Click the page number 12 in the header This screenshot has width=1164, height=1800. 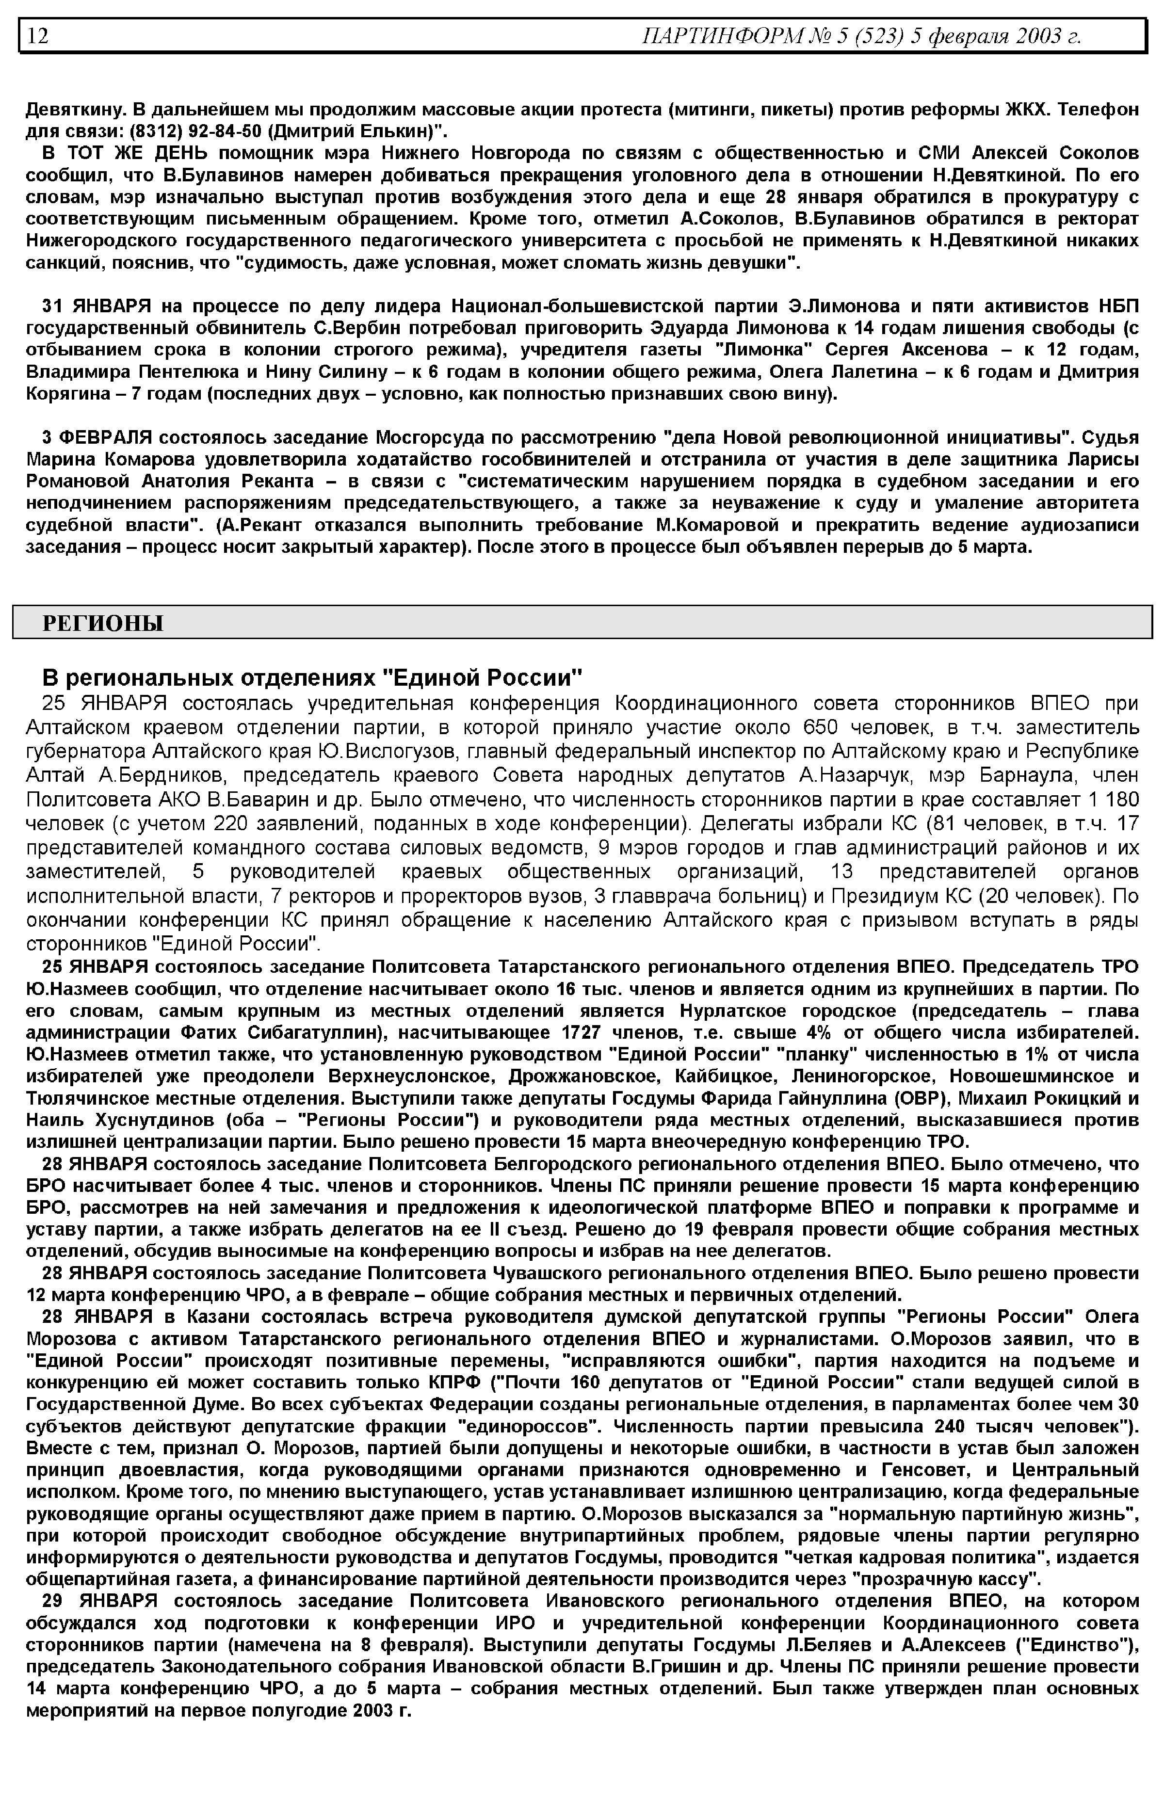coord(38,35)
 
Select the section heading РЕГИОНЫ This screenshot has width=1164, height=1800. coord(103,624)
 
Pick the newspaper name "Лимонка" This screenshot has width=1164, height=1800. coord(765,350)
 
